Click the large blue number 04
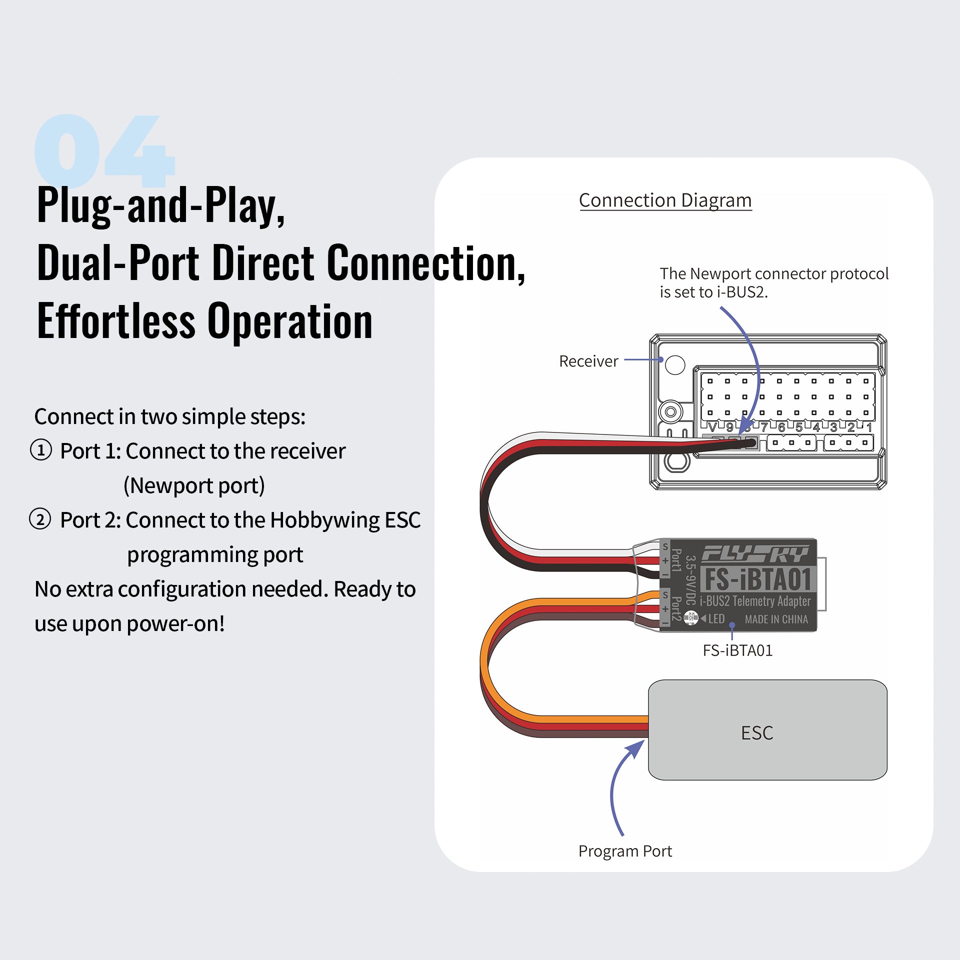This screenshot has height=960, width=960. pyautogui.click(x=104, y=150)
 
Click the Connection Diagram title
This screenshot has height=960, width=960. pyautogui.click(x=665, y=200)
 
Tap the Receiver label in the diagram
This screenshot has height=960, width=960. pyautogui.click(x=588, y=361)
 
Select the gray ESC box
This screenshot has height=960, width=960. pyautogui.click(x=767, y=730)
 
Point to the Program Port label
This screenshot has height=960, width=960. pyautogui.click(x=624, y=851)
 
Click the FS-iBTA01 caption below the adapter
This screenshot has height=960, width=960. pyautogui.click(x=737, y=650)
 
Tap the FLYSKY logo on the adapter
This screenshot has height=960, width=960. pyautogui.click(x=755, y=553)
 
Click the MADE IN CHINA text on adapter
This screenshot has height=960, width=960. pyautogui.click(x=776, y=619)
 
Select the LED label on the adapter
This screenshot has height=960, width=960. pyautogui.click(x=716, y=619)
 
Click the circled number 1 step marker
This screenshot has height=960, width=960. pyautogui.click(x=41, y=450)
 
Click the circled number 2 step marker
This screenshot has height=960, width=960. pyautogui.click(x=40, y=519)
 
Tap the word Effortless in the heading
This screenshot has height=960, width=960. pyautogui.click(x=116, y=321)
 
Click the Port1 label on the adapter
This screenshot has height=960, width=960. pyautogui.click(x=676, y=560)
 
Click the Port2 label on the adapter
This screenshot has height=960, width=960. pyautogui.click(x=676, y=608)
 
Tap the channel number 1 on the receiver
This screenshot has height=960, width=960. pyautogui.click(x=869, y=427)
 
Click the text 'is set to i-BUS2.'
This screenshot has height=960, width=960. pyautogui.click(x=713, y=292)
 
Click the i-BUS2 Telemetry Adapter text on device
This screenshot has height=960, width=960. pyautogui.click(x=755, y=601)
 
